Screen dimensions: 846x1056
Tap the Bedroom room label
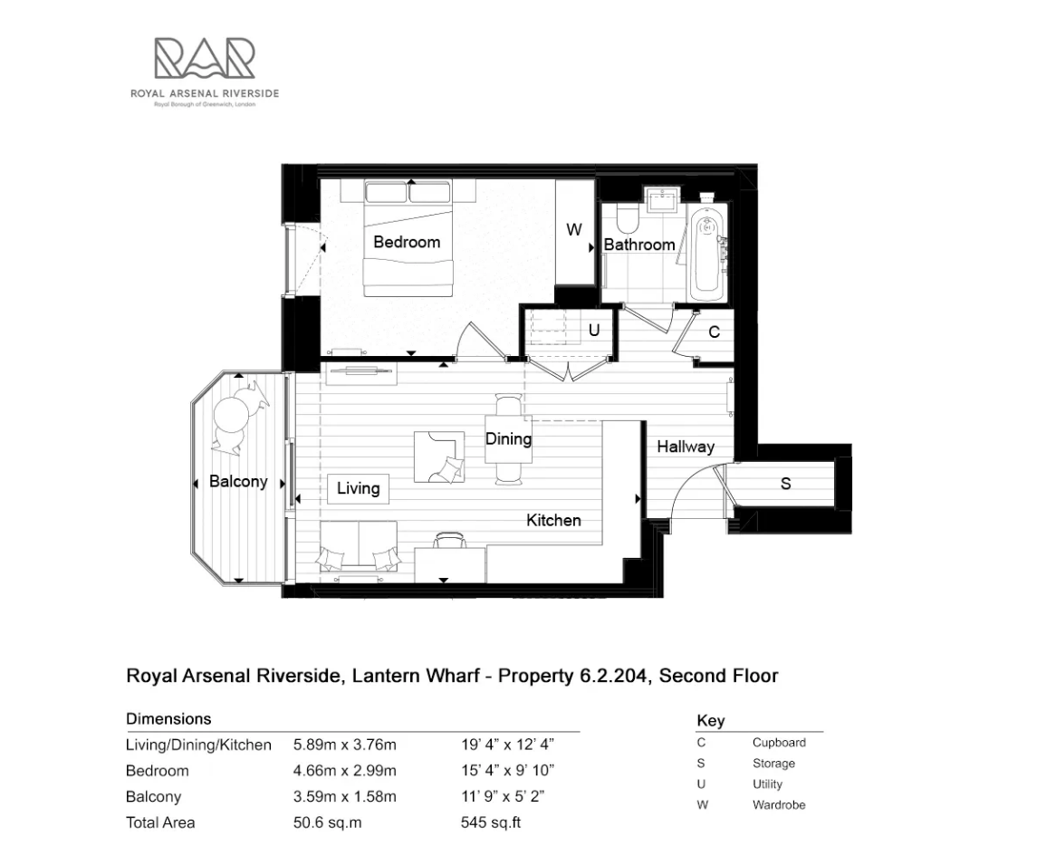(407, 242)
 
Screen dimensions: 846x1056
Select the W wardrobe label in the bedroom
(574, 230)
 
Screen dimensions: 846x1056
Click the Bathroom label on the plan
(639, 245)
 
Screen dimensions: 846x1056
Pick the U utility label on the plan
(594, 330)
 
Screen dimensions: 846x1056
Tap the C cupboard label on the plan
(714, 332)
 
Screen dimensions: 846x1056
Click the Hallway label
(686, 446)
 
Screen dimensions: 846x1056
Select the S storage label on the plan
(785, 484)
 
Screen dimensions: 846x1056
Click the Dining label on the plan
(508, 439)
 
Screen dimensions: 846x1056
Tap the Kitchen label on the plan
(553, 520)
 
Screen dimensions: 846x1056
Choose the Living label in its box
(358, 488)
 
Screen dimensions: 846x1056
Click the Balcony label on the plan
(238, 481)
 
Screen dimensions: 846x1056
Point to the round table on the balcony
(230, 417)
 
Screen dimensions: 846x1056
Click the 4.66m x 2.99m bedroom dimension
(345, 771)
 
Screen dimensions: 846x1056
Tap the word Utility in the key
(767, 784)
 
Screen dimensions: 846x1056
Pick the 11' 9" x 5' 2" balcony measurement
(506, 797)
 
